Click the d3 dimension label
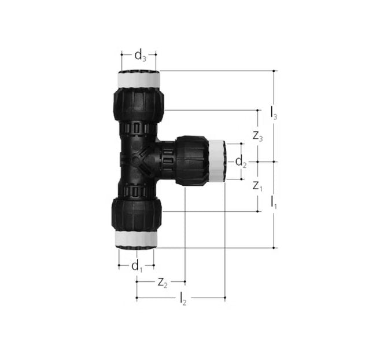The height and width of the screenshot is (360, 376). (140, 56)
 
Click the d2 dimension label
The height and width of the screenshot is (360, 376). (240, 163)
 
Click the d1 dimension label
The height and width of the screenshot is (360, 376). (137, 266)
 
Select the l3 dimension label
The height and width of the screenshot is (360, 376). (274, 113)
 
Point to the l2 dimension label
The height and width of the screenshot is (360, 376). (183, 298)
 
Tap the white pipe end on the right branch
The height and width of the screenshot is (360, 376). (217, 161)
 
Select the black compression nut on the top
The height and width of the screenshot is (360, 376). (139, 104)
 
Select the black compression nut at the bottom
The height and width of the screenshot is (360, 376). (137, 214)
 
